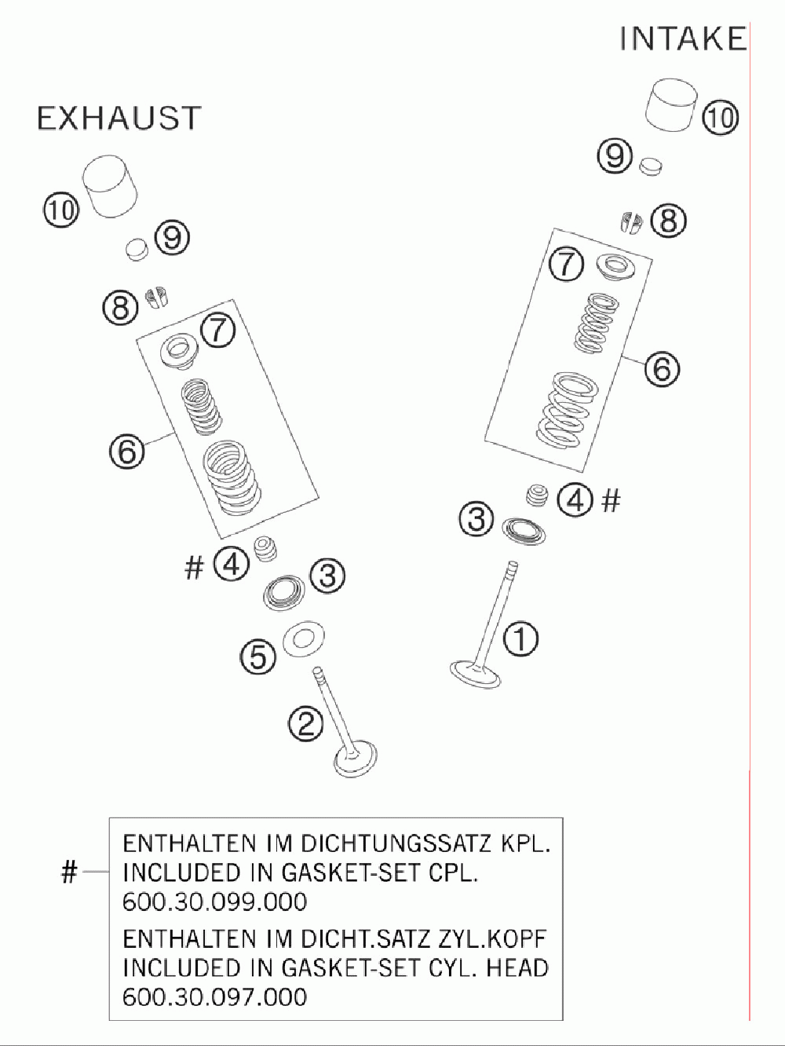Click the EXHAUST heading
click(119, 118)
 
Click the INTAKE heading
click(683, 38)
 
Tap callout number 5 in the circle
click(258, 657)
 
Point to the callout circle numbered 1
click(520, 638)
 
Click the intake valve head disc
click(475, 674)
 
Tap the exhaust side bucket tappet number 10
click(111, 186)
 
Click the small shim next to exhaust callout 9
click(137, 249)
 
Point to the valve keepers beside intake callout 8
click(632, 222)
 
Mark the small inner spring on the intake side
click(597, 324)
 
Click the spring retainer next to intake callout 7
click(616, 266)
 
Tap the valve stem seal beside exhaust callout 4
click(266, 549)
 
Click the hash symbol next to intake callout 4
click(612, 501)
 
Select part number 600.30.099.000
click(215, 902)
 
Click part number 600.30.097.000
click(215, 997)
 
